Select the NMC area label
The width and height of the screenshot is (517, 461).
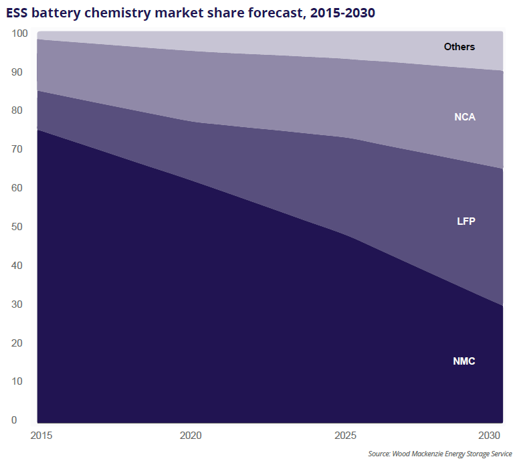pyautogui.click(x=463, y=361)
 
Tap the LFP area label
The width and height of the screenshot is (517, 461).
pyautogui.click(x=466, y=221)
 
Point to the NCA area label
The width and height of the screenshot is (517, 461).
pyautogui.click(x=464, y=117)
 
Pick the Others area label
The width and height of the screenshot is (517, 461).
pyautogui.click(x=459, y=47)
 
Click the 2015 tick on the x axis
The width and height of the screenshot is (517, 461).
pyautogui.click(x=41, y=436)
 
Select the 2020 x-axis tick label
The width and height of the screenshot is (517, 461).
pyautogui.click(x=191, y=436)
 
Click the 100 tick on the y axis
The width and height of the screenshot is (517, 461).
pyautogui.click(x=20, y=33)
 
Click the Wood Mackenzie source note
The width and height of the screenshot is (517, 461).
pyautogui.click(x=439, y=454)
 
